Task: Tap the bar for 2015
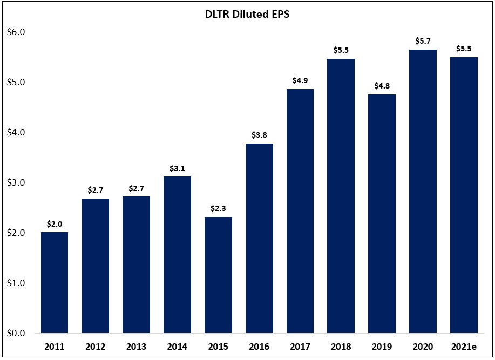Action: coord(218,275)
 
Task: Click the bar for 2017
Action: coord(300,211)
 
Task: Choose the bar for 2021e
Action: coord(464,195)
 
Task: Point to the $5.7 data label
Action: coord(423,40)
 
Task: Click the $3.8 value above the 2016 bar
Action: coord(259,135)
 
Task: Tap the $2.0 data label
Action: coord(55,223)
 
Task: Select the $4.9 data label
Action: coord(300,80)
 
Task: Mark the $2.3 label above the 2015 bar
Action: coord(218,208)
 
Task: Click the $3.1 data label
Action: coord(178,168)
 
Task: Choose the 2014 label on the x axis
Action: coord(178,347)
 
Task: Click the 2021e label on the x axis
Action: coord(464,347)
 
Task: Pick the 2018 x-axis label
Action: coord(341,347)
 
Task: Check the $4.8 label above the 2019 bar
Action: coord(382,86)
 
